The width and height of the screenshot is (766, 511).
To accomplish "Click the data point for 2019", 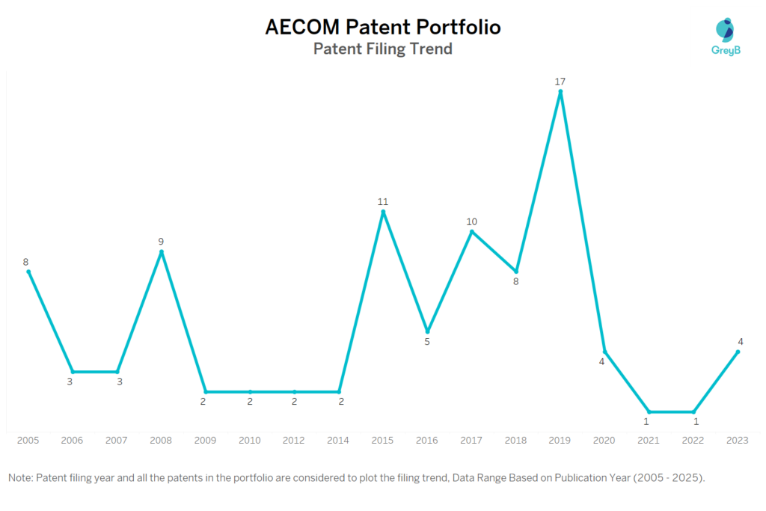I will (x=560, y=92).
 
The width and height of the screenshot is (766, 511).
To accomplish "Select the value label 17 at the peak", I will (x=560, y=81).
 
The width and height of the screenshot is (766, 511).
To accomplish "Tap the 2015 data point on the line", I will (x=383, y=212).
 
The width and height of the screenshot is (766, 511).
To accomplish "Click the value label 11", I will (x=383, y=201).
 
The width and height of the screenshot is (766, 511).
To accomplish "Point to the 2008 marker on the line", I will (x=162, y=252).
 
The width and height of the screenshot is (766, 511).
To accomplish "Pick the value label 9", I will (x=161, y=242).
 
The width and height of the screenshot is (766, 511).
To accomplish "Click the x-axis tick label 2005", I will (x=28, y=440).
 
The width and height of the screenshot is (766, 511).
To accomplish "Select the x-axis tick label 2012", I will (x=294, y=440).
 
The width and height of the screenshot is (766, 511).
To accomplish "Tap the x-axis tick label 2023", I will (x=738, y=440).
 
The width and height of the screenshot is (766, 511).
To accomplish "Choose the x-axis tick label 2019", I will (x=560, y=440).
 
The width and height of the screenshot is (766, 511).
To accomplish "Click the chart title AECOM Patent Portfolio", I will (x=383, y=28).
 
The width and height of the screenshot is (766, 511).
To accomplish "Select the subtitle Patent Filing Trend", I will (x=383, y=49).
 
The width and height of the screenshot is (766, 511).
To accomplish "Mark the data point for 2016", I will (x=427, y=331).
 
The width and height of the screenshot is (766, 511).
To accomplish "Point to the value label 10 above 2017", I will (x=471, y=221).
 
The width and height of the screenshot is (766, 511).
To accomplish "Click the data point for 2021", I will (x=649, y=411).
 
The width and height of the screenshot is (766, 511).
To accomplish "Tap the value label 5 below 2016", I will (x=427, y=342).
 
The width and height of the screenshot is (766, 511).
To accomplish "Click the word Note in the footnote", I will (x=20, y=477).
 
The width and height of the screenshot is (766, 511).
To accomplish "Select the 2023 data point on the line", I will (x=738, y=352).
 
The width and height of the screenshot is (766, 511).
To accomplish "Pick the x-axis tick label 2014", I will (x=339, y=440).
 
